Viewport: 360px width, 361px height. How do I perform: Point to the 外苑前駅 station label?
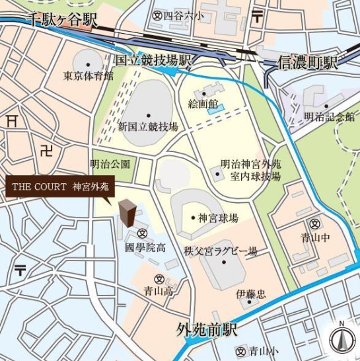coord(207,329)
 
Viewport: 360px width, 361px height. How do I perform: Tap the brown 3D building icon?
coord(127,214)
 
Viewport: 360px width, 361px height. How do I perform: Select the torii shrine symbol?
coord(11,120)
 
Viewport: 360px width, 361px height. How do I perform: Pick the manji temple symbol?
coord(46,151)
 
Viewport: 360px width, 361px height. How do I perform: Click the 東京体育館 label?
coord(89,76)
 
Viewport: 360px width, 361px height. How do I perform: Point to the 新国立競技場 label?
coord(148,126)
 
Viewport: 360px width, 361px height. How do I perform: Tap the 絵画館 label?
coord(203,103)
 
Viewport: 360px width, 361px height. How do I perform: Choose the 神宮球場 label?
coord(218,218)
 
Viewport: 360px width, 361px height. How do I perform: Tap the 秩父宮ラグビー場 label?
coord(221,251)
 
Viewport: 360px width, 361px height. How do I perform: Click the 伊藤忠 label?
coord(251,294)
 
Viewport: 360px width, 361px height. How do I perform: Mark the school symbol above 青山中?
coord(316,223)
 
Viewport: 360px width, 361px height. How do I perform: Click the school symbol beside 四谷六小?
coord(157,14)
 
